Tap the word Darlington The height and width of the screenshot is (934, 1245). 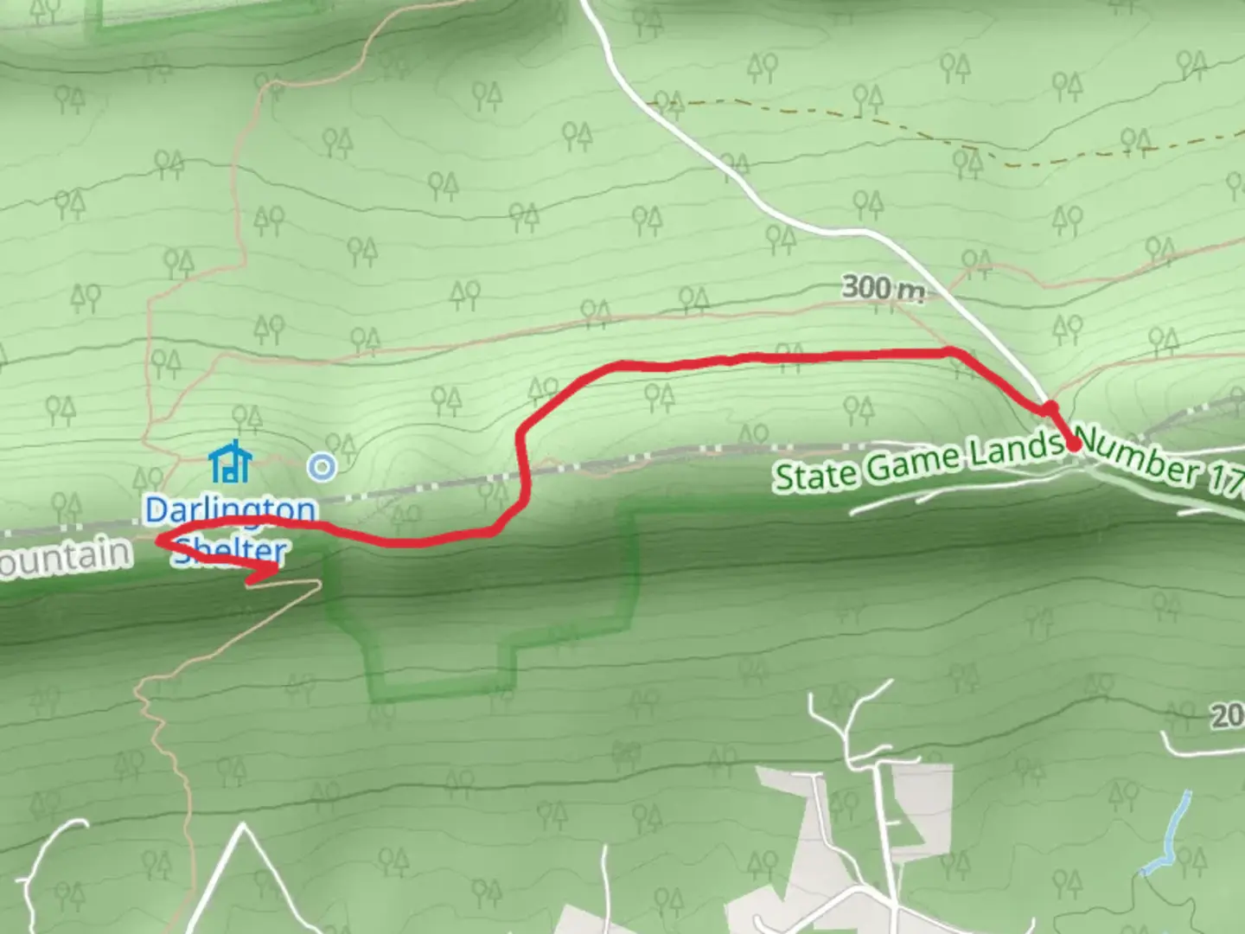[x=230, y=510]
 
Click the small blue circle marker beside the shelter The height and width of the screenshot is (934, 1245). [x=322, y=467]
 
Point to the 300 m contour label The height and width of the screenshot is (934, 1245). [x=883, y=288]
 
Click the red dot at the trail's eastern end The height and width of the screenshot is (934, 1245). [x=1073, y=445]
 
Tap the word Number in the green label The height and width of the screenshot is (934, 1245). [x=1140, y=458]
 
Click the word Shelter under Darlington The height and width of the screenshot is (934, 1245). [x=230, y=550]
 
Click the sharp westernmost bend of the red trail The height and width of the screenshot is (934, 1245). [x=159, y=541]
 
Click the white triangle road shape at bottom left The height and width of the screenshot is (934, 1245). [x=242, y=873]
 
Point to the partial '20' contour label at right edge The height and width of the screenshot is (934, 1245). [x=1228, y=716]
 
